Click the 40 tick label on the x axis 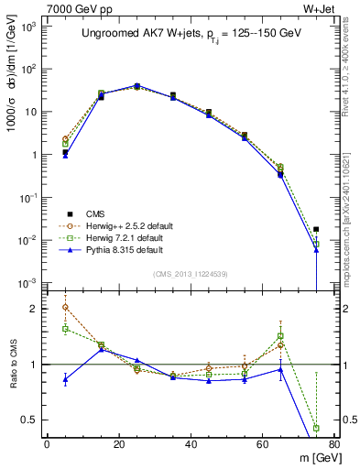tap(191, 444)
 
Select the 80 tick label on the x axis tap(333, 444)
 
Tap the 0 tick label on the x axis tap(47, 444)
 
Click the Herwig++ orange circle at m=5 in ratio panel tap(65, 307)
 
